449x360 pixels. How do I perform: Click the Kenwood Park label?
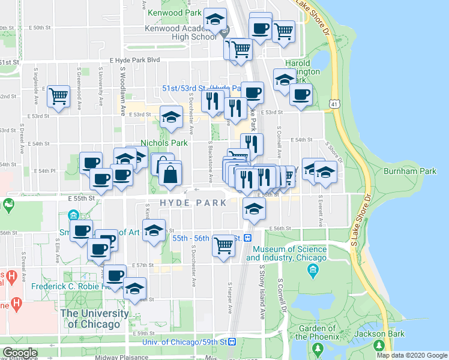point(174,12)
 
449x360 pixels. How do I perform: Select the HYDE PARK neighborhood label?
point(193,203)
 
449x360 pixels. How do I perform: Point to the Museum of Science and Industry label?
point(290,253)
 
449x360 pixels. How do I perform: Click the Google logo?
point(20,353)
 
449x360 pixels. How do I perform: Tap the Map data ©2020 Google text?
point(412,355)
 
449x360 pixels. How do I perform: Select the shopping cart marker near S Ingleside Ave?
point(59,96)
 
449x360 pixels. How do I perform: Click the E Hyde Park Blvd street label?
point(134,60)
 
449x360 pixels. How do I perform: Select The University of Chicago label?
point(94,319)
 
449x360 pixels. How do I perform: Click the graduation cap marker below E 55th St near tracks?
point(254,210)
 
